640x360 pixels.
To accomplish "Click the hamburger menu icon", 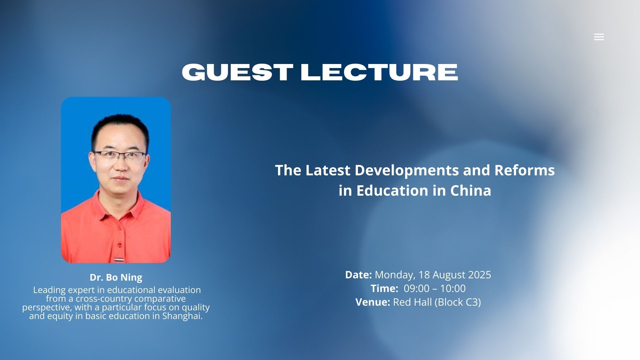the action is coord(599,37).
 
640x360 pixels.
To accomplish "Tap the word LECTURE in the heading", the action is coord(379,72).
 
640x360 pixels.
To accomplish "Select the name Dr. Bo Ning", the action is coord(116,277).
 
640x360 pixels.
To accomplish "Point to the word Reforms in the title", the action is coord(525,170).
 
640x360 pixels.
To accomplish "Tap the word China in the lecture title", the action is coord(471,190).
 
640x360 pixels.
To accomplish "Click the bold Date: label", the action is coord(358,275).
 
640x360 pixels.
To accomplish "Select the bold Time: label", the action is coord(384,288).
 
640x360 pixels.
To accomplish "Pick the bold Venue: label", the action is coord(373,302).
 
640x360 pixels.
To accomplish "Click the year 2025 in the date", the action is coord(480,275).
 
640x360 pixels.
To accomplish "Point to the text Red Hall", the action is coord(413,302).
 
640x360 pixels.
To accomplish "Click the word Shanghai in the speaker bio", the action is coord(182,316).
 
